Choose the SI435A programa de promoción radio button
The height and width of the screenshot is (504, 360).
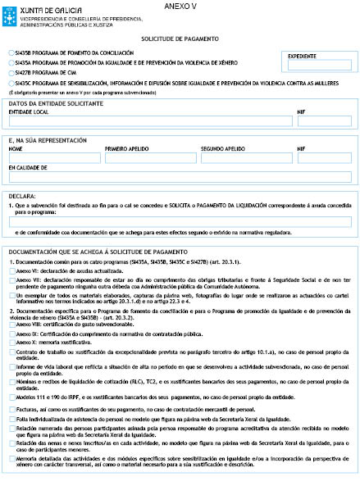pyautogui.click(x=9, y=62)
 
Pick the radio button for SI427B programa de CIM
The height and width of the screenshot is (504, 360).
pyautogui.click(x=9, y=72)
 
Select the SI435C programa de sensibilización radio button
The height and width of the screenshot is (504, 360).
pyautogui.click(x=9, y=82)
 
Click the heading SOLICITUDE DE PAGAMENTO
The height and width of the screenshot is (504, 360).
pyautogui.click(x=179, y=39)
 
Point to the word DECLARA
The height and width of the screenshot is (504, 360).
pyautogui.click(x=22, y=197)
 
